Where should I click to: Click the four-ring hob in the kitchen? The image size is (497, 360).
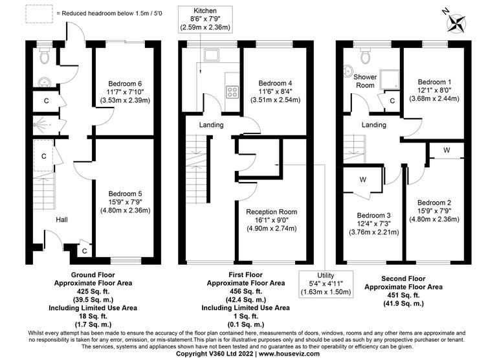(231, 91)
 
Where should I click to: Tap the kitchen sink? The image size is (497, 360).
(212, 56)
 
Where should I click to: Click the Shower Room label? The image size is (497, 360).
(364, 81)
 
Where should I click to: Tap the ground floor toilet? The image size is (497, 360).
(44, 58)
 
